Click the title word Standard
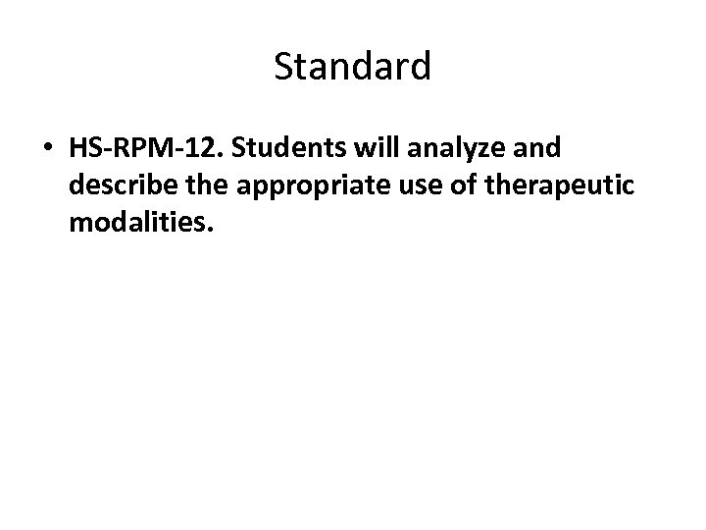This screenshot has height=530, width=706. pyautogui.click(x=352, y=67)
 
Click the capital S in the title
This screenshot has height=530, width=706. pyautogui.click(x=285, y=67)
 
